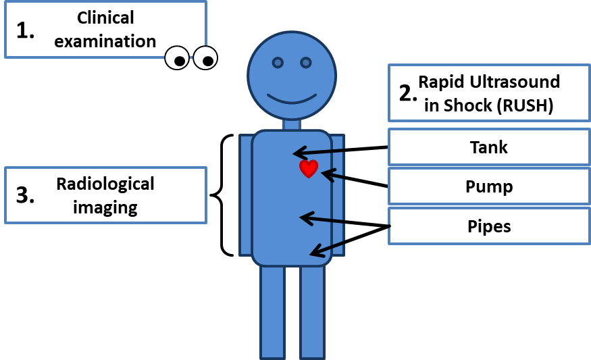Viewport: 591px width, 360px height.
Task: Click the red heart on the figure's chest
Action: pos(308,169)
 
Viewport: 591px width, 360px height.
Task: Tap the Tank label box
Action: pos(488,147)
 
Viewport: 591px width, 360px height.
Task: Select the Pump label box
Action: pos(488,186)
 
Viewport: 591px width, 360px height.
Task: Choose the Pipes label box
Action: pos(488,226)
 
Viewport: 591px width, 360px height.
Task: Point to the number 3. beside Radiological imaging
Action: pos(26,195)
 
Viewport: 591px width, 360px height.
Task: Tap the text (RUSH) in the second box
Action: pos(523,105)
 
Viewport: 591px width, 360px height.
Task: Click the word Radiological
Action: pos(105,184)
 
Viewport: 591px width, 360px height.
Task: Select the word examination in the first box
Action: pos(105,41)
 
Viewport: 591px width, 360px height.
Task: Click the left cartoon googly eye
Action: pos(178,59)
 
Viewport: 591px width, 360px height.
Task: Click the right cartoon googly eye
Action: pos(205,59)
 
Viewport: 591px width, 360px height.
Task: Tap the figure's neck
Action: pos(292,124)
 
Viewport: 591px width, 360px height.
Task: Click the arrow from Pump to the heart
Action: pos(355,180)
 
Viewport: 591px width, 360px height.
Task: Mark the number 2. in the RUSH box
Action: pos(408,93)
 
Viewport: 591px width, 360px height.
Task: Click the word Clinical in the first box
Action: pos(105,17)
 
